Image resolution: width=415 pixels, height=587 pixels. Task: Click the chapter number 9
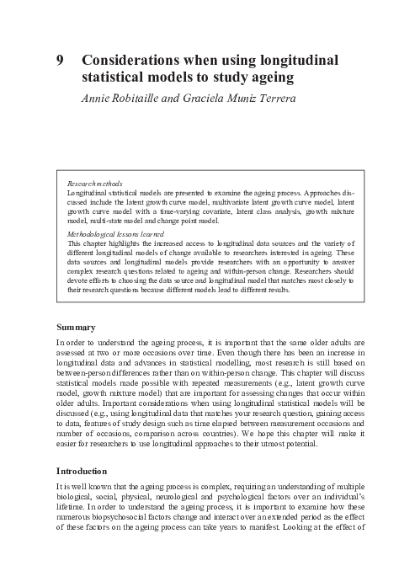tap(60, 60)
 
